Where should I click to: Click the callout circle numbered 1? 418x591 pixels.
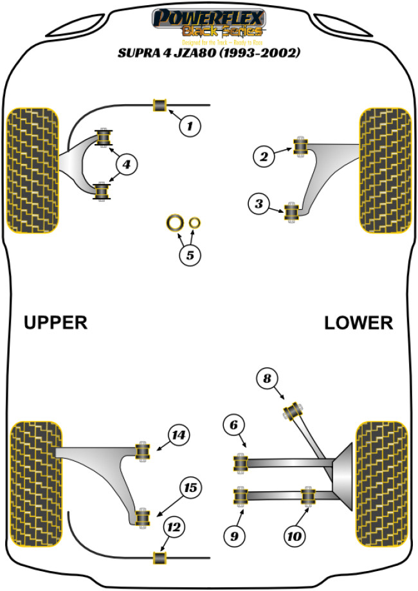[x=190, y=127]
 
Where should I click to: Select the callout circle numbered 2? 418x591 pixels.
[x=262, y=155]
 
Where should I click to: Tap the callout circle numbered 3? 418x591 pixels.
[x=259, y=205]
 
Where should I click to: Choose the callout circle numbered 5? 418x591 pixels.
[x=190, y=255]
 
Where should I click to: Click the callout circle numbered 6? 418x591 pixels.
[x=234, y=424]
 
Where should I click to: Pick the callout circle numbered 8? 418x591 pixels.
[x=267, y=379]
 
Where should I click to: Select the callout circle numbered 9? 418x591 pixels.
[x=234, y=534]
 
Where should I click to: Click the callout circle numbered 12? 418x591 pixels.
[x=172, y=528]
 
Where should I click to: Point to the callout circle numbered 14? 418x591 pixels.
[x=178, y=435]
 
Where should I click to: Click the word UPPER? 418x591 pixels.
[x=55, y=322]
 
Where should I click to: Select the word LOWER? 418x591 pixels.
[x=358, y=322]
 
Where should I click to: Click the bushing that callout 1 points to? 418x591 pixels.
[x=159, y=105]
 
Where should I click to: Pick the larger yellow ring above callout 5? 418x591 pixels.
[x=174, y=223]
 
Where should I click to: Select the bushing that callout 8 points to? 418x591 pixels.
[x=295, y=410]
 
